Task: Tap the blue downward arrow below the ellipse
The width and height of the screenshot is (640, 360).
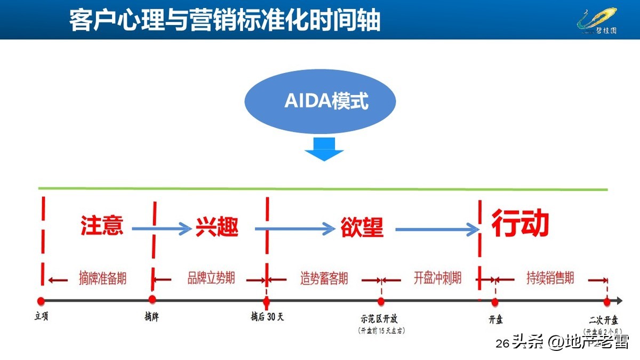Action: tap(324, 149)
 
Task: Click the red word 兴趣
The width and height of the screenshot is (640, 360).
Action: tap(217, 227)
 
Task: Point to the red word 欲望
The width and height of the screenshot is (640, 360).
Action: tap(362, 227)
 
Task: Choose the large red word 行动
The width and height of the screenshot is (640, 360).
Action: tap(520, 223)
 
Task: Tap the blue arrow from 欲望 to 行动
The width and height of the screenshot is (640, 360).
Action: tap(437, 229)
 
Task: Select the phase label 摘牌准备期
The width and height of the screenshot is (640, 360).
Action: tap(102, 278)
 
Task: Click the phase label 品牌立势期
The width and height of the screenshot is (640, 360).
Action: tap(211, 278)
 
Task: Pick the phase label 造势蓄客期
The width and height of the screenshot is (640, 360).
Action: tap(324, 278)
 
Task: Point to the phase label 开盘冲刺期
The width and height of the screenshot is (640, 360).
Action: tap(437, 278)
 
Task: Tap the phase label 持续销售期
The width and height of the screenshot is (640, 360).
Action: tap(550, 278)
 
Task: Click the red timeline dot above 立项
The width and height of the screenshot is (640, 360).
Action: tap(41, 301)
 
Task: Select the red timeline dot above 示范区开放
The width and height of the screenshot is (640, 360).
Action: tap(381, 301)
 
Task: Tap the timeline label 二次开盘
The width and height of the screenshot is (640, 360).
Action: tap(604, 320)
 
